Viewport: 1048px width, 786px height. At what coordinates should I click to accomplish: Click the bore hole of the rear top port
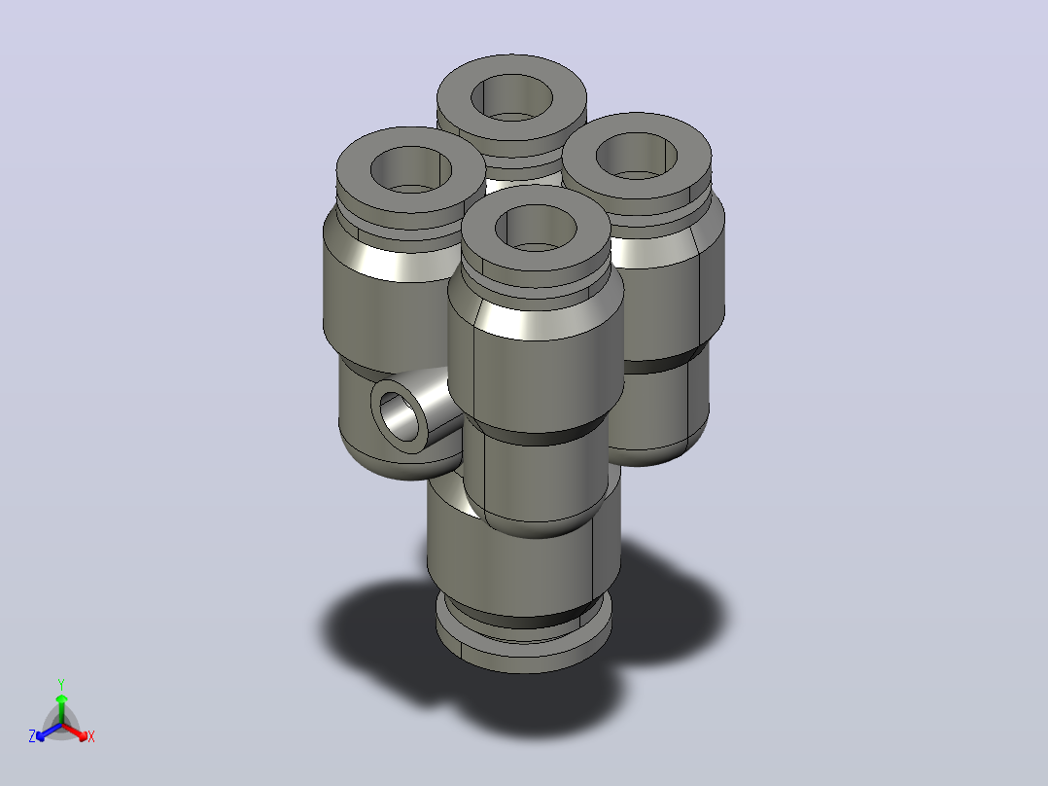point(511,97)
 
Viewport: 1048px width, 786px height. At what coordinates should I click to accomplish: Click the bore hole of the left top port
point(411,170)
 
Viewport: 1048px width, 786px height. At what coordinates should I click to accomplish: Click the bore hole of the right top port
point(636,157)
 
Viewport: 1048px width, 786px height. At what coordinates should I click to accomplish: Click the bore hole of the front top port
point(536,228)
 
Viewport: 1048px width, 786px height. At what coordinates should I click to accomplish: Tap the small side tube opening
point(399,417)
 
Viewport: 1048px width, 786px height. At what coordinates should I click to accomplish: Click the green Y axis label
point(61,684)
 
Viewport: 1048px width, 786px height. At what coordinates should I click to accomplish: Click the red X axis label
point(91,736)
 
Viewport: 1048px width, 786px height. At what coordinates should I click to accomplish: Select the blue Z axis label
point(32,736)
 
